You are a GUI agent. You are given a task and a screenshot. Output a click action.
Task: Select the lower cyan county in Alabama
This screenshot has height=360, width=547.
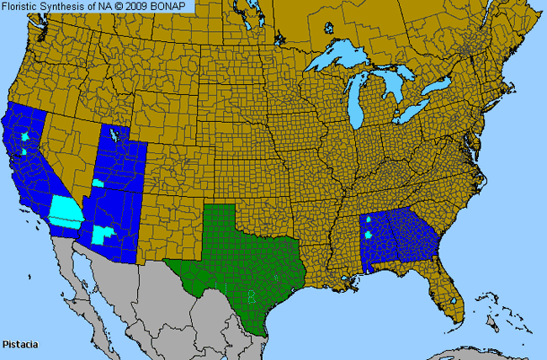(x=369, y=236)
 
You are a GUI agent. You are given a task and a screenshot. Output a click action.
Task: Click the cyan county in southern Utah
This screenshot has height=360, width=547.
(x=98, y=183)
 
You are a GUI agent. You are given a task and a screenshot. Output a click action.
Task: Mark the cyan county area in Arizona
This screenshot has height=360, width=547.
(x=104, y=234)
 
